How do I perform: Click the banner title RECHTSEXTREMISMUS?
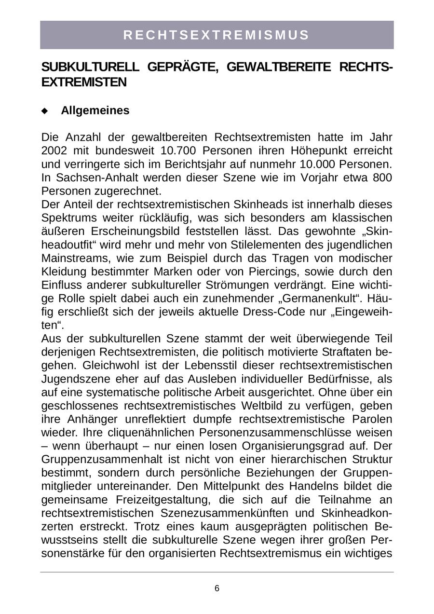(x=217, y=35)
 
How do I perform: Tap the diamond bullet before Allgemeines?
(x=45, y=111)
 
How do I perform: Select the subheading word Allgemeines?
(x=95, y=110)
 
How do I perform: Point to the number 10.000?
(x=319, y=164)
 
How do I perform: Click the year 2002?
(x=54, y=150)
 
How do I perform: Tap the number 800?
(x=382, y=177)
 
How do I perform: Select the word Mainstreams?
(x=72, y=258)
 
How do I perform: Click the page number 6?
(x=217, y=588)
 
